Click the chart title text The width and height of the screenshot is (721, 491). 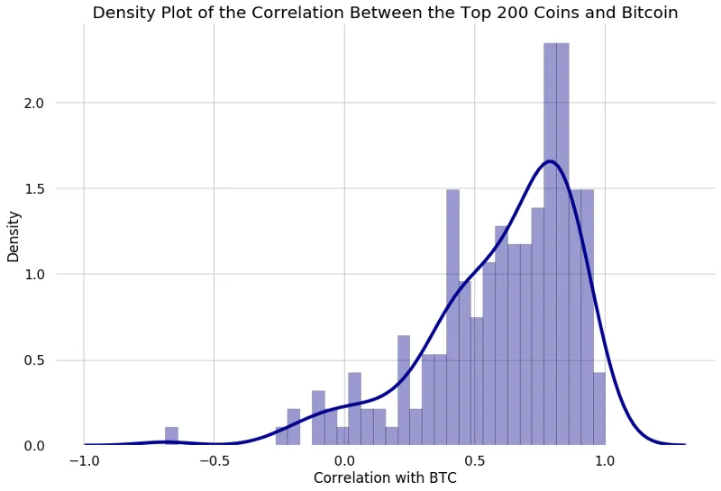(x=385, y=13)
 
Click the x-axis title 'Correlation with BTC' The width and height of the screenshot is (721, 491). (x=385, y=477)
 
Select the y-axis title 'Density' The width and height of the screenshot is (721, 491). (x=14, y=236)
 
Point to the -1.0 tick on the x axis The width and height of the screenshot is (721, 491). (x=84, y=460)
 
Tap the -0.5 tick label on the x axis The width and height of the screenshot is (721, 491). (x=214, y=460)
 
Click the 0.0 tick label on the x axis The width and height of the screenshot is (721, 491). (x=344, y=460)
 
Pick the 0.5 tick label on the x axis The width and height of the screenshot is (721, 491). (x=474, y=460)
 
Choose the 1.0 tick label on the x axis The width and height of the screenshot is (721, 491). (x=605, y=460)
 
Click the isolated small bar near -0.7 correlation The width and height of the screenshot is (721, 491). (x=171, y=436)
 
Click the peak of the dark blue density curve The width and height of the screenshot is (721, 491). (x=550, y=162)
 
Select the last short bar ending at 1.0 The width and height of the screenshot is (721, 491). (x=599, y=410)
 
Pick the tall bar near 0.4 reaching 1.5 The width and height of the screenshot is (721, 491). (x=452, y=315)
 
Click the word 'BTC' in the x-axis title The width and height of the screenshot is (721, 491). (x=441, y=477)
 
